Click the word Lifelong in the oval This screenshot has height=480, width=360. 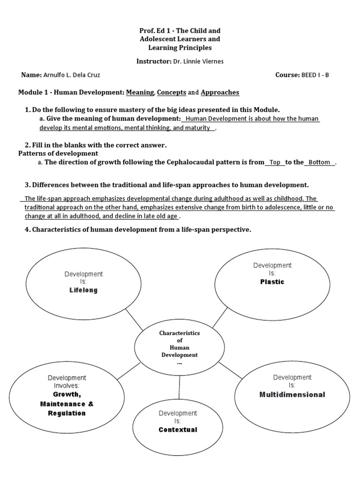(84, 290)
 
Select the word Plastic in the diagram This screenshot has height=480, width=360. (272, 282)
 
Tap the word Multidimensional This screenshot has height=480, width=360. (292, 394)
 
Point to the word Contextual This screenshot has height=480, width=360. (178, 429)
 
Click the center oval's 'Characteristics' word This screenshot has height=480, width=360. (180, 333)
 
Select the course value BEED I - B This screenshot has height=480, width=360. (315, 75)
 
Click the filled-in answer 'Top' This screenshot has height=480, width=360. (275, 162)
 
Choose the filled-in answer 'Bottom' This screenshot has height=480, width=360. (320, 162)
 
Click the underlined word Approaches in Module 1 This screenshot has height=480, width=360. (220, 92)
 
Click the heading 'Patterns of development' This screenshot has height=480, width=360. (58, 153)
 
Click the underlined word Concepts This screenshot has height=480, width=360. (172, 92)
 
